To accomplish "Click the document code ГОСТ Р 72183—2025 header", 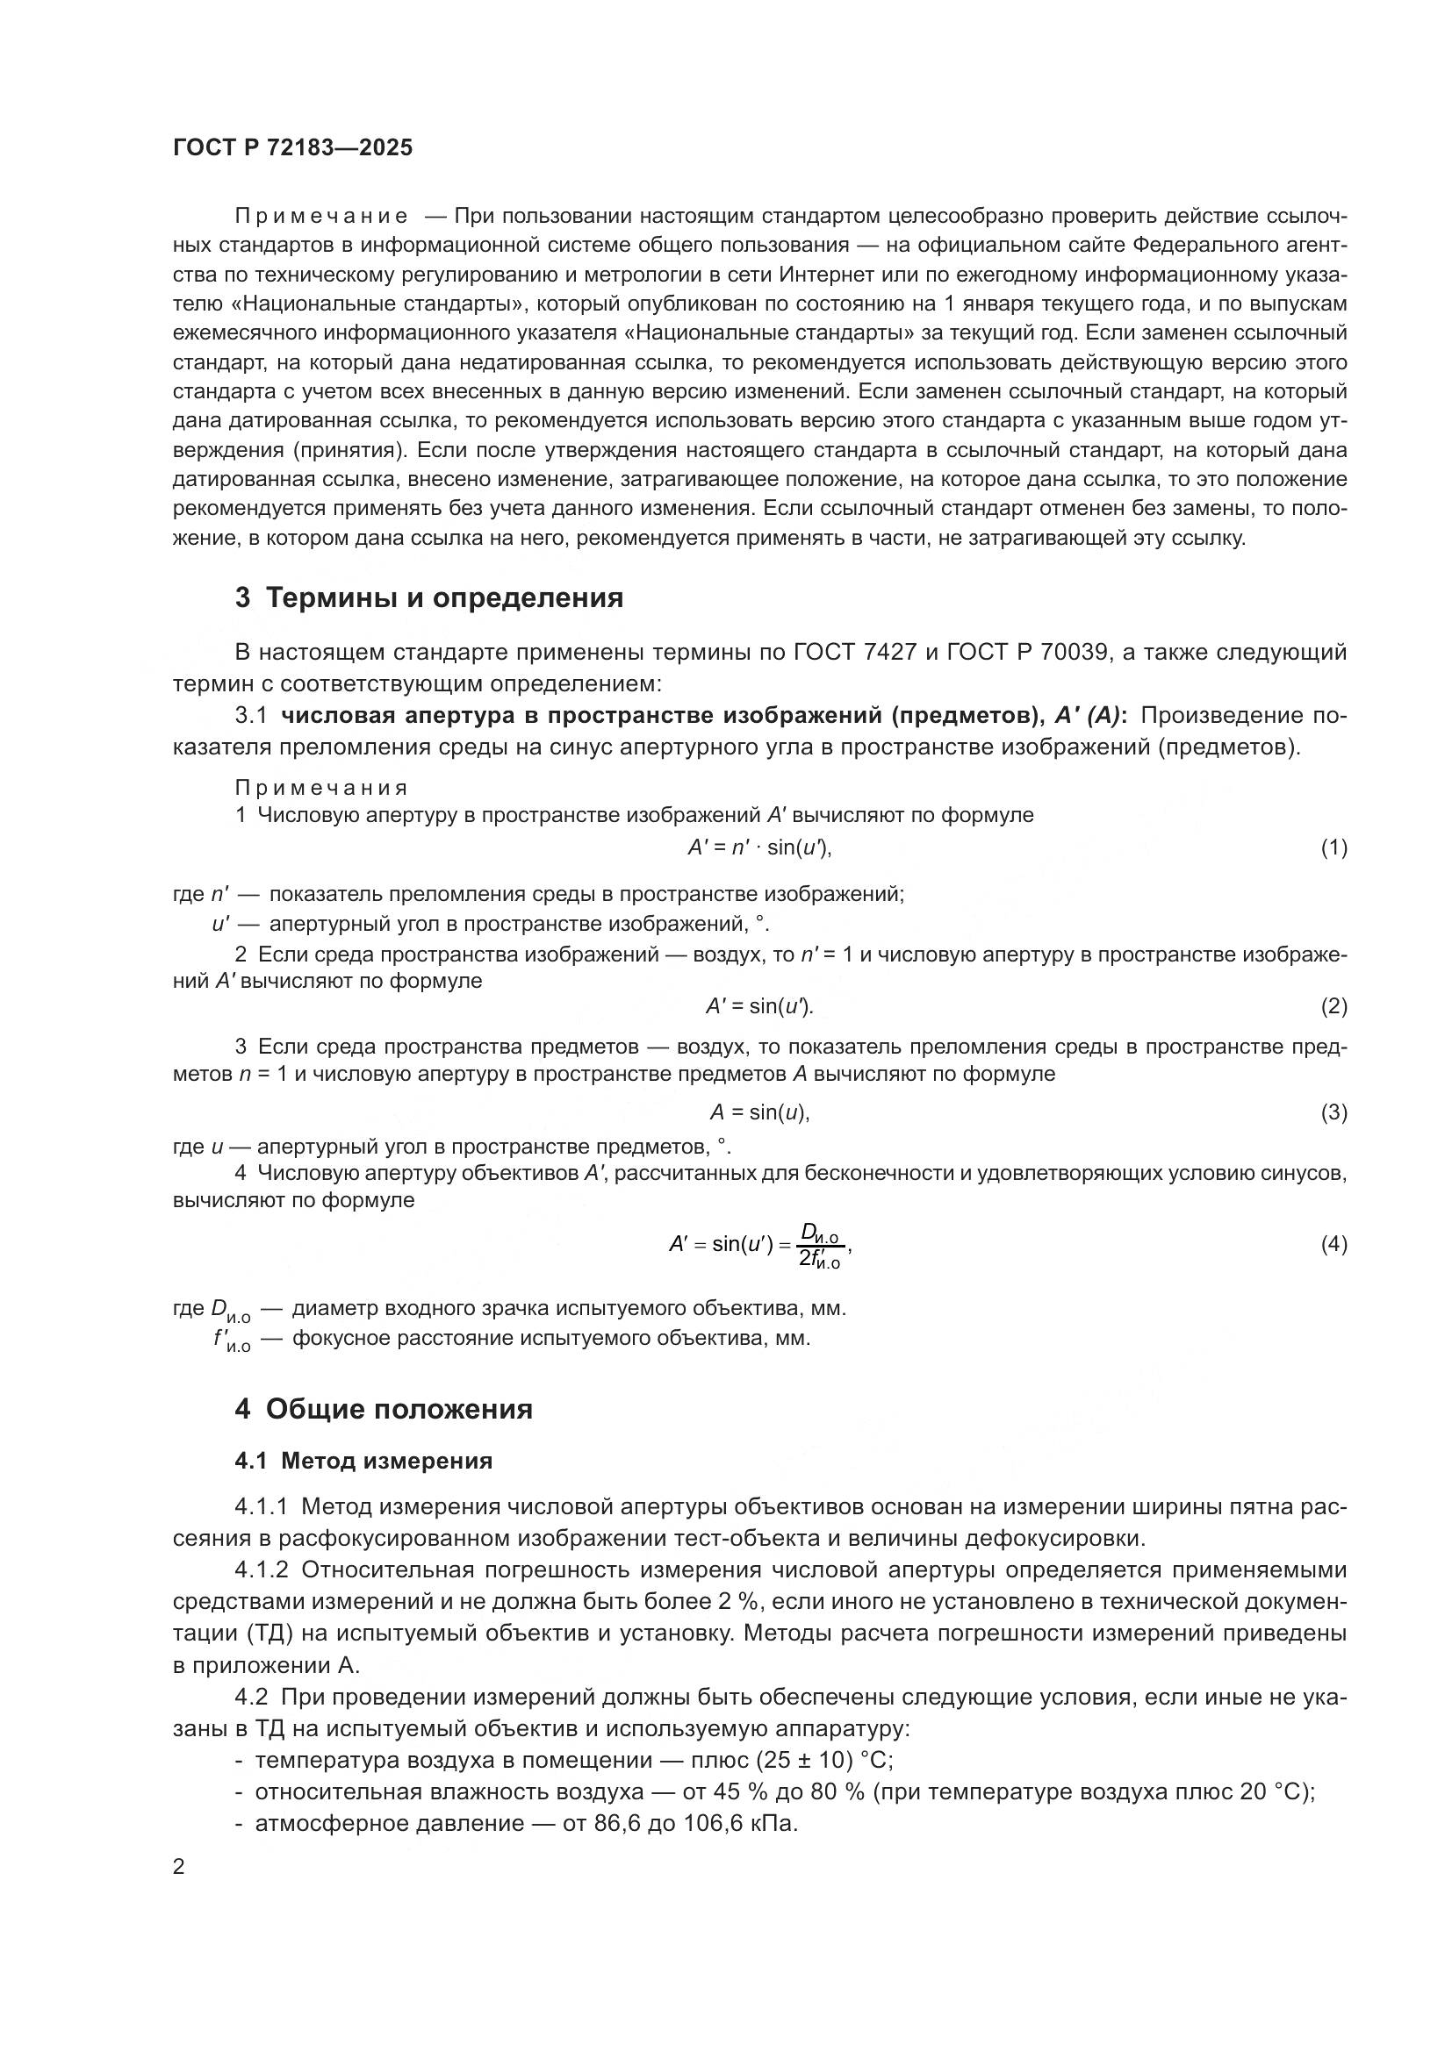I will tap(292, 147).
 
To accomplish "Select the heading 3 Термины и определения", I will tap(429, 597).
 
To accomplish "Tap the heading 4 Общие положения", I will tap(384, 1410).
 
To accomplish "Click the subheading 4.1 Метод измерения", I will tap(363, 1462).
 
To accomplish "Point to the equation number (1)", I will tap(1333, 847).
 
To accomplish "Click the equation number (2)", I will tap(1333, 1006).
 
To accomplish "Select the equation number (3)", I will tap(1333, 1112).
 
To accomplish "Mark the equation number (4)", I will tap(1333, 1244).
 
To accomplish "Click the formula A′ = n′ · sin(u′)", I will tap(759, 847).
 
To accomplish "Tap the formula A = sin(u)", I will tap(759, 1112).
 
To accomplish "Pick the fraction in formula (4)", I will tap(820, 1246).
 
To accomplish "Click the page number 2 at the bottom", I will tap(179, 1866).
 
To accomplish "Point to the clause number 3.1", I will tap(251, 716).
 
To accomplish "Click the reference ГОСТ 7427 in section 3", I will tap(855, 653).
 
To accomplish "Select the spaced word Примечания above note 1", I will tap(321, 787).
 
